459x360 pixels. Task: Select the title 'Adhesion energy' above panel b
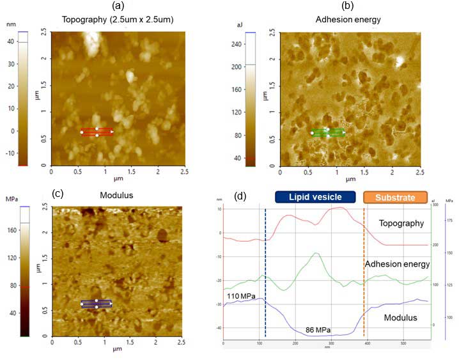point(348,20)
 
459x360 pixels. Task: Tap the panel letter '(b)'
point(348,6)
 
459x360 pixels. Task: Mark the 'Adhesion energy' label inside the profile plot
point(396,263)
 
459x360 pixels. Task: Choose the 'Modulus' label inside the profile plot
point(401,317)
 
